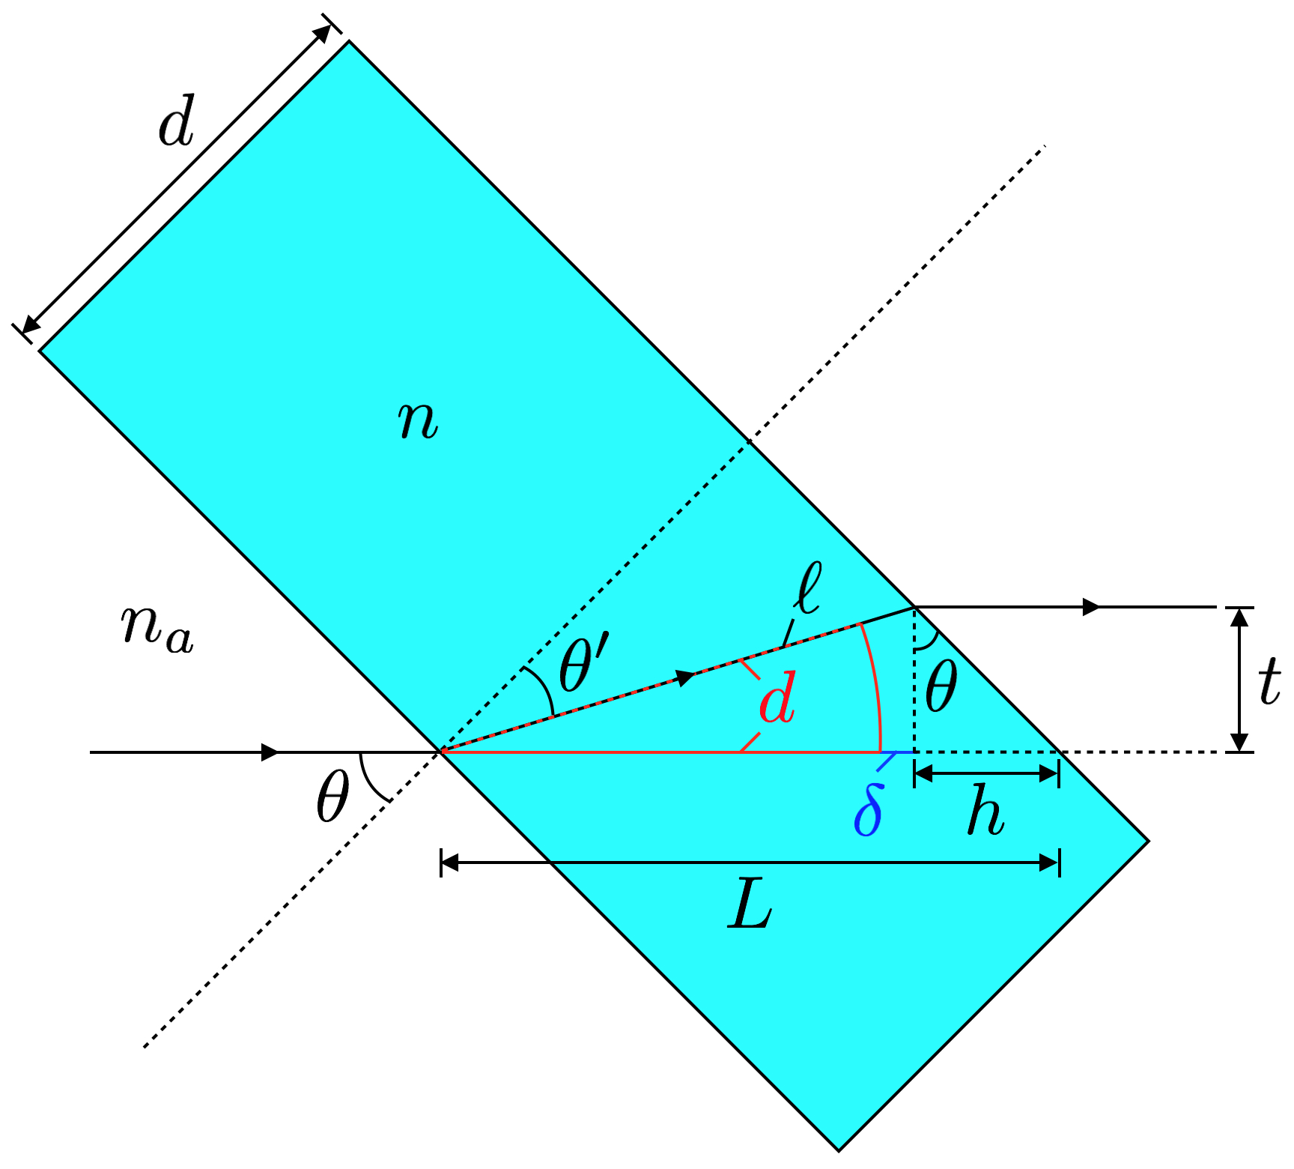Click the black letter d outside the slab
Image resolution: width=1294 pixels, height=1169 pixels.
click(x=177, y=121)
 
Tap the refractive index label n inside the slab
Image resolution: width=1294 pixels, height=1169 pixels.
click(x=417, y=420)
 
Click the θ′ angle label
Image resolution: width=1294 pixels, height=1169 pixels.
click(x=584, y=661)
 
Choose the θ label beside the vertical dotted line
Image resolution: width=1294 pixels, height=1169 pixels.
click(x=941, y=687)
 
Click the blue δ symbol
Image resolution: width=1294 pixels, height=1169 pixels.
click(x=869, y=809)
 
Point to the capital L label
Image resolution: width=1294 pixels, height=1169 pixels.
click(x=750, y=909)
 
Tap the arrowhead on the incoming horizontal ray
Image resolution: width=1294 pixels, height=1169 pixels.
click(x=270, y=752)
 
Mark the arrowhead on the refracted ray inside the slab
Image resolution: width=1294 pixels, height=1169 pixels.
click(x=685, y=678)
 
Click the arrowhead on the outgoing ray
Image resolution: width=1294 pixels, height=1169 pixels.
click(x=1091, y=606)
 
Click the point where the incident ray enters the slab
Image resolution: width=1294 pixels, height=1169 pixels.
click(x=442, y=751)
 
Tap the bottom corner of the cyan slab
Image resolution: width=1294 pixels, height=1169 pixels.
click(x=839, y=1149)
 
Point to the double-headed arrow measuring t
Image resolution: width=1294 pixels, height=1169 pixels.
click(x=1240, y=679)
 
